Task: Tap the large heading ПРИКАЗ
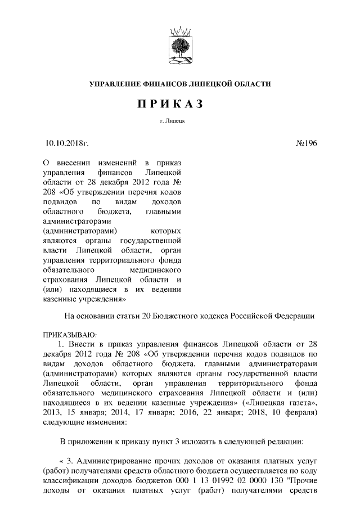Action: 180,105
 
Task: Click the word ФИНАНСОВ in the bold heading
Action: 167,84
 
